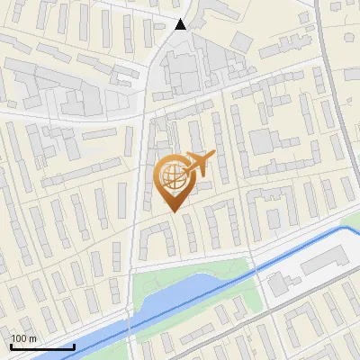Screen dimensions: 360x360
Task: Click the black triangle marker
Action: click(181, 24)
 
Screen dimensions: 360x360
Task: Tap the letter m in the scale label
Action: click(33, 338)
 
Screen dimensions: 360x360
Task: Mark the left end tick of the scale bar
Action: click(11, 346)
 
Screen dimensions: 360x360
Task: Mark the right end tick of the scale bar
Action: click(74, 346)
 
